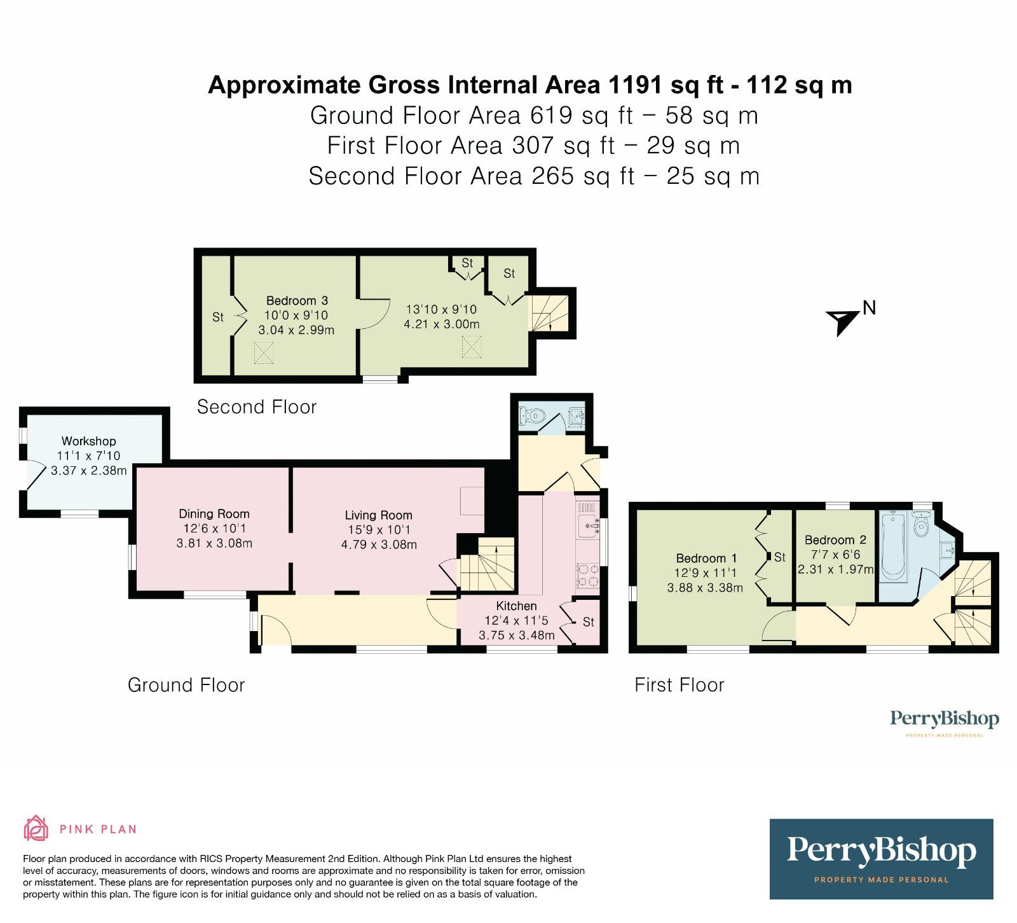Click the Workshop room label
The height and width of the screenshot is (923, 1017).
(x=89, y=441)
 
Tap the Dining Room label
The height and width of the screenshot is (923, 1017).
(x=214, y=513)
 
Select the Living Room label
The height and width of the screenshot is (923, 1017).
(x=379, y=515)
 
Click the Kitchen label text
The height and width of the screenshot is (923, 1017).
(x=516, y=606)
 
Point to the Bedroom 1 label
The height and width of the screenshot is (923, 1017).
(x=706, y=558)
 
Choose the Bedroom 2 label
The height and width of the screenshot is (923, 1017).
(x=835, y=539)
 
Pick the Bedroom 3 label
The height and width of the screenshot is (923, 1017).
(x=297, y=300)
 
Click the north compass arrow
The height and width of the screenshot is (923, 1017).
(x=843, y=321)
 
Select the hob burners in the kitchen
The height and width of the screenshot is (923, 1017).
(x=588, y=574)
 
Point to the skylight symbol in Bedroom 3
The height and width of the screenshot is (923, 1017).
(x=264, y=353)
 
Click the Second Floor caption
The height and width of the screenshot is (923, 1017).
(x=257, y=407)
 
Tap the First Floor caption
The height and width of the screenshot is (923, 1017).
(x=679, y=685)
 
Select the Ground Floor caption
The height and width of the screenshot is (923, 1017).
(x=186, y=685)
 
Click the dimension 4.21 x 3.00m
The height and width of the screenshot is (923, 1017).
(x=442, y=324)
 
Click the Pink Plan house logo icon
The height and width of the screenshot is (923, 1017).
(x=36, y=828)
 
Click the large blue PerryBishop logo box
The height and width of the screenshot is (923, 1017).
(x=882, y=859)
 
